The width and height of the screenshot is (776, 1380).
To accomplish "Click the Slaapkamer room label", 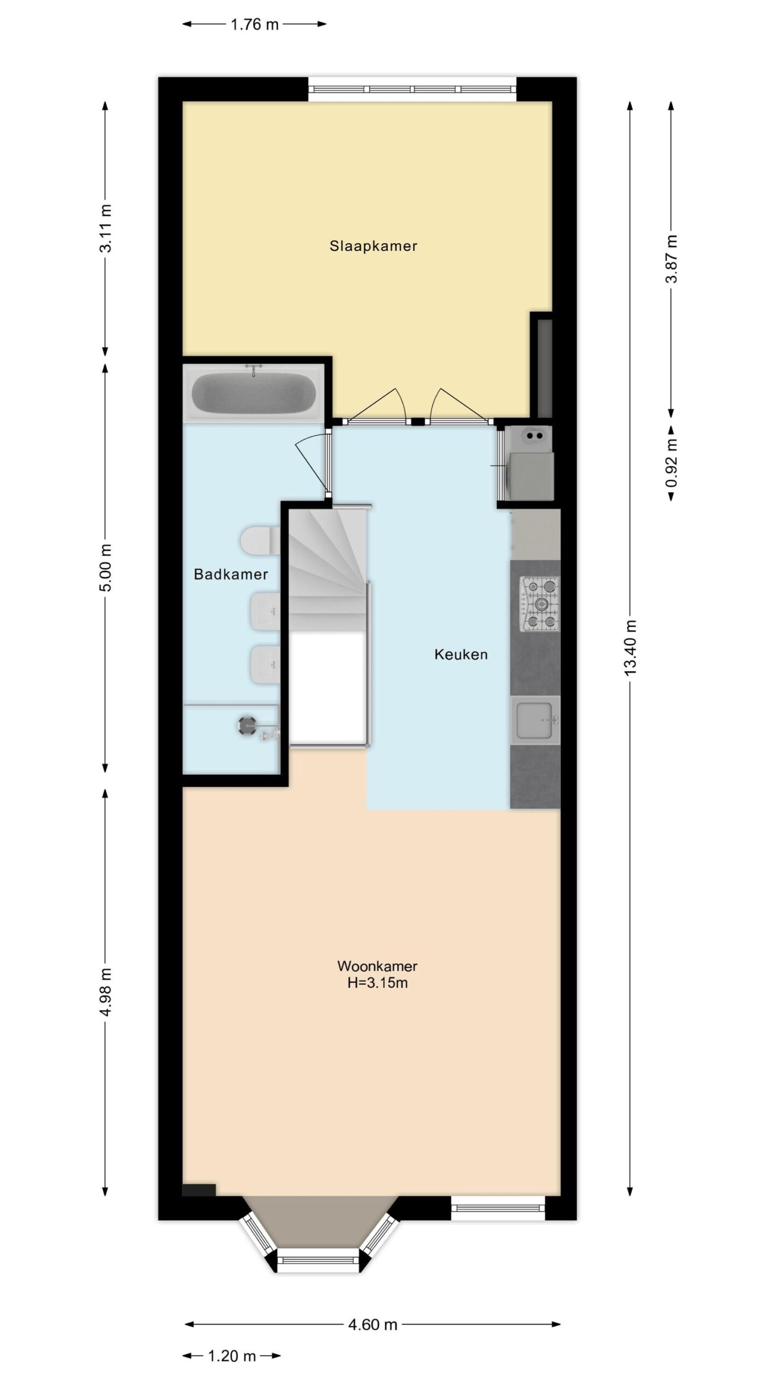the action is (x=373, y=246).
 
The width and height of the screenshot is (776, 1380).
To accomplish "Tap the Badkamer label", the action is (x=231, y=574).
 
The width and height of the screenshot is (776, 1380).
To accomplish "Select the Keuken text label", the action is (x=461, y=654).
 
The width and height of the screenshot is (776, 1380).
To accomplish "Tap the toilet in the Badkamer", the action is (x=259, y=541).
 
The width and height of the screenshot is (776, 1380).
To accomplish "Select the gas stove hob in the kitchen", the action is (x=539, y=604).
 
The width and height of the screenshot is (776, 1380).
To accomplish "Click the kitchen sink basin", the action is (x=535, y=720).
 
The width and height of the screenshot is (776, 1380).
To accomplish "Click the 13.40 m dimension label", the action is (x=631, y=646).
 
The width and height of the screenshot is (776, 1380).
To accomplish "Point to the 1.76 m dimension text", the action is (x=254, y=24).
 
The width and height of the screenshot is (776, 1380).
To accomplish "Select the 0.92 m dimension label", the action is (x=671, y=464).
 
